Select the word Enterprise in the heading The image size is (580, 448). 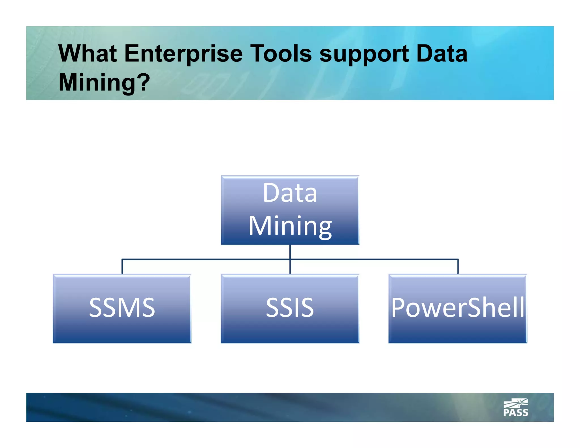click(183, 54)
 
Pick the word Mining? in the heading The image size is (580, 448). click(104, 82)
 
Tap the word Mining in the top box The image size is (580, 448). click(290, 226)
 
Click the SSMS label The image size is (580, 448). click(122, 308)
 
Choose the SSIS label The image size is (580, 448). click(290, 308)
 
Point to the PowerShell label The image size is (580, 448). click(458, 308)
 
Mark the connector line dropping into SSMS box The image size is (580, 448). click(122, 266)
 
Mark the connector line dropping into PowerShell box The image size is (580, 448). click(458, 266)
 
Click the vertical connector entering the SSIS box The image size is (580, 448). click(290, 267)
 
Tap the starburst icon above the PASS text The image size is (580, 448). click(516, 403)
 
